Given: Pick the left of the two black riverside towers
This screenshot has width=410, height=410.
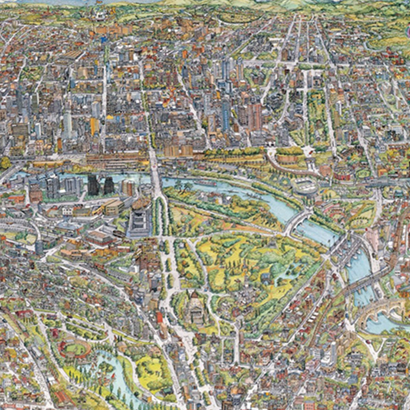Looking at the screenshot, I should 93,185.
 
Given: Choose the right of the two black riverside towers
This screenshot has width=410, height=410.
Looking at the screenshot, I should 109,186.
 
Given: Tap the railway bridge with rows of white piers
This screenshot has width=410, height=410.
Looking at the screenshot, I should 361,283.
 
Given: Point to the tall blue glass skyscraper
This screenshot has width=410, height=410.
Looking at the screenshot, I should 226,115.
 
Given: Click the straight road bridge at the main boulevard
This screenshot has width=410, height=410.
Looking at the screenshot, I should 156,176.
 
